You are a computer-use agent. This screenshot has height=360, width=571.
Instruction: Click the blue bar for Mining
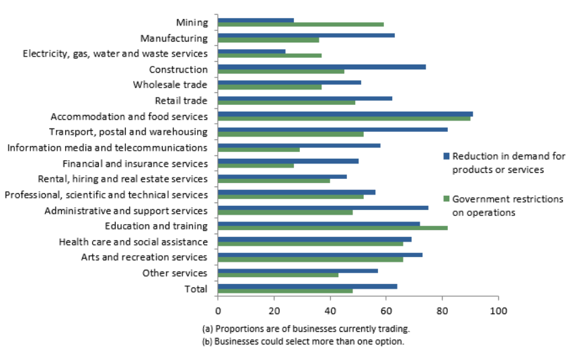pos(256,20)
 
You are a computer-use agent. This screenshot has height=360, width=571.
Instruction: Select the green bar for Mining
pos(301,24)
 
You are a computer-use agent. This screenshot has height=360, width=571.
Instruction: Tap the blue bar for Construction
pos(321,67)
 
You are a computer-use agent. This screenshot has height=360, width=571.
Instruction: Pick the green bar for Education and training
pos(332,228)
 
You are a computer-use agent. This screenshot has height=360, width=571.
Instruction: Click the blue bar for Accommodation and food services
pos(345,114)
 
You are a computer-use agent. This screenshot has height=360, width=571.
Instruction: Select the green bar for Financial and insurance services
pos(256,166)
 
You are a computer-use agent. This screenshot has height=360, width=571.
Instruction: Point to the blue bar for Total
pos(307,286)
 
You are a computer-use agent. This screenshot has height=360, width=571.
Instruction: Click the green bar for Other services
pos(278,275)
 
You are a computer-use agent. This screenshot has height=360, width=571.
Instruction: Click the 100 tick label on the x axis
pos(498,311)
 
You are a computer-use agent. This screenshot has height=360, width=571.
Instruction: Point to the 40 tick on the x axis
pos(330,311)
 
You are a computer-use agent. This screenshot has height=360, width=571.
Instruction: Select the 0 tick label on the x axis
pos(218,311)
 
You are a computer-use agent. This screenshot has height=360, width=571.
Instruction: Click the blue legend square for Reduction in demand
pos(445,157)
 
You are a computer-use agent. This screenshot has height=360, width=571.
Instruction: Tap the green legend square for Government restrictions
pos(445,199)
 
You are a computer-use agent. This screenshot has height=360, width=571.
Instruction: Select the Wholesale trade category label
pos(170,85)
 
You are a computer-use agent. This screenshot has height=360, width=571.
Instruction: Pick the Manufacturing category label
pos(174,38)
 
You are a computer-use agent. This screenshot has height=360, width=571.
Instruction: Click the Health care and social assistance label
pos(134,242)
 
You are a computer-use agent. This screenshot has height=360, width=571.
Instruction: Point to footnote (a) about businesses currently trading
pos(305,329)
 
